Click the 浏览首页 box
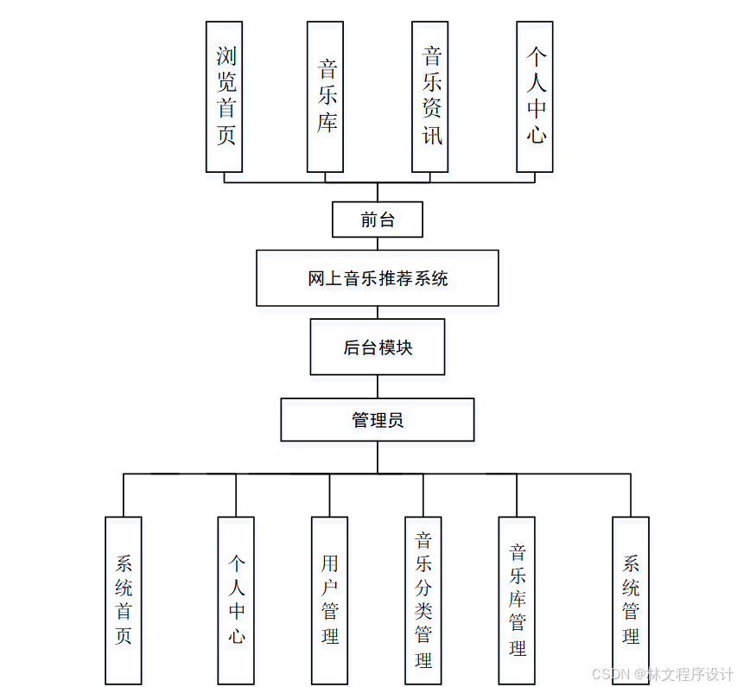(224, 97)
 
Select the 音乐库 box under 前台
(325, 97)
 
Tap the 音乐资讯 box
(429, 97)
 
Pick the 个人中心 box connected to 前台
(534, 97)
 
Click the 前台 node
(378, 219)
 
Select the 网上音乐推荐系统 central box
(378, 278)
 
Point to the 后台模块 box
(378, 347)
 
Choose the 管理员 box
(378, 420)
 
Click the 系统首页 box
(124, 601)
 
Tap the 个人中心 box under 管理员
(236, 601)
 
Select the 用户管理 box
(329, 601)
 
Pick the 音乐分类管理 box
(423, 601)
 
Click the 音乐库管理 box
(517, 601)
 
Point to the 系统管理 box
(631, 601)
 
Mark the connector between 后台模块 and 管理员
(378, 386)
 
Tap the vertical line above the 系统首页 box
(124, 495)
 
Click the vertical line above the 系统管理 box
(631, 495)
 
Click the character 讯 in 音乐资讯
(431, 134)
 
